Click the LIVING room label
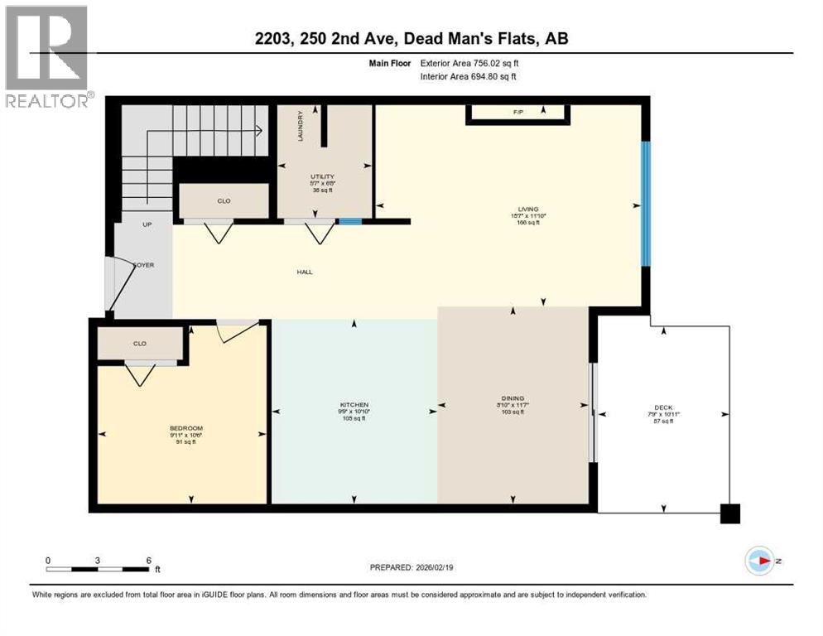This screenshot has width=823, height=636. (528, 209)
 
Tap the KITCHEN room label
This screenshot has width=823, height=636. (354, 404)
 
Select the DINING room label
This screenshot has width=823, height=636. (513, 398)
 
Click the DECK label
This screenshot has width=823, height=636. (663, 407)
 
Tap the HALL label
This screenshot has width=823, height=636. (306, 272)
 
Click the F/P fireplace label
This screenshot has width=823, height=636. (518, 110)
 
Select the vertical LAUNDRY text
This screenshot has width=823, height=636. (301, 125)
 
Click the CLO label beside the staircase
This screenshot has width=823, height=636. (224, 200)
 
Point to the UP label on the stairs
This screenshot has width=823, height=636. (147, 224)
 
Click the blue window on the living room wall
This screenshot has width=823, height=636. (647, 203)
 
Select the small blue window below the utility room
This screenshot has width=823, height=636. (350, 221)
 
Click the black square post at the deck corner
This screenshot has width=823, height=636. (729, 513)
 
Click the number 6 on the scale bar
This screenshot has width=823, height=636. (148, 560)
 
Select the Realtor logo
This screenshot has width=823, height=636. (47, 56)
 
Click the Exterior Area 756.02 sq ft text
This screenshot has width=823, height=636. (469, 62)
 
